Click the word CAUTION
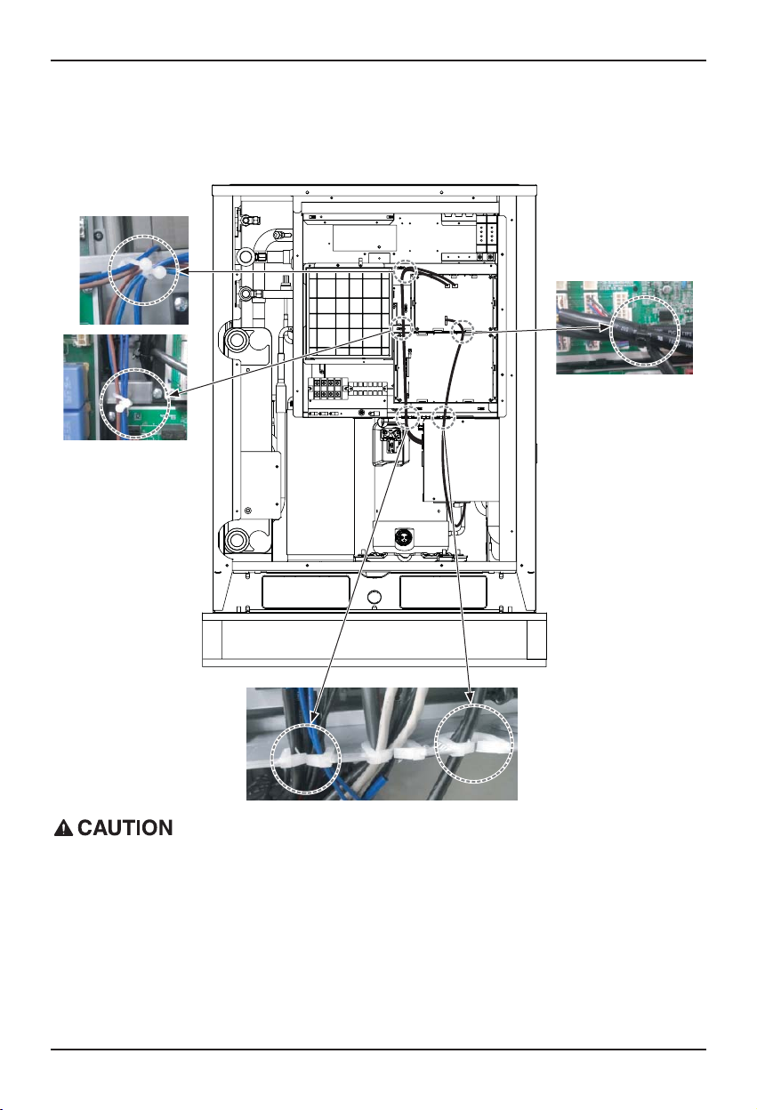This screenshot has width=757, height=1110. coord(125,828)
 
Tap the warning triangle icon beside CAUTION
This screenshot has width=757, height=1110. coord(63,829)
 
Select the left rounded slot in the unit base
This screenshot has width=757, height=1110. coord(305,591)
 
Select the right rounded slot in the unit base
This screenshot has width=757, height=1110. coord(443,591)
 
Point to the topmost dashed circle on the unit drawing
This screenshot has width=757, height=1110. coord(406,272)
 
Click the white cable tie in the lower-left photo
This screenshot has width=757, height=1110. coord(122,403)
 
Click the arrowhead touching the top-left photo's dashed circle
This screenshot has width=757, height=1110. coord(182,271)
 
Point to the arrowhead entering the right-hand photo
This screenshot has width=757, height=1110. coord(604,327)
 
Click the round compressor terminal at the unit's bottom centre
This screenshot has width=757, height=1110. coord(400,537)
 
